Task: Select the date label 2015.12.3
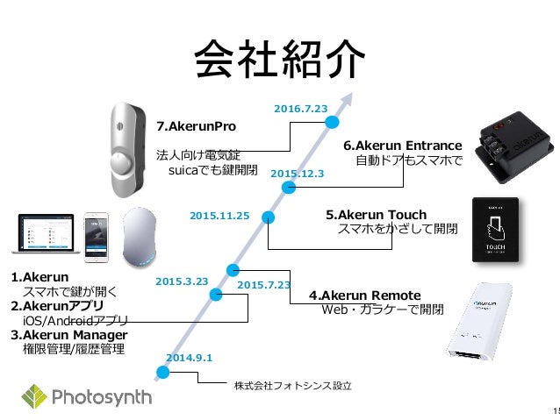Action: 298,174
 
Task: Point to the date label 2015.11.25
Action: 219,214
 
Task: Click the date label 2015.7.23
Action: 263,285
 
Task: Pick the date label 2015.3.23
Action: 181,281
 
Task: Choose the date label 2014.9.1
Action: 189,358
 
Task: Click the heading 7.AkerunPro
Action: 196,125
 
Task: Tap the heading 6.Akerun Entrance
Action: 401,146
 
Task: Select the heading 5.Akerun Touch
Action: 376,215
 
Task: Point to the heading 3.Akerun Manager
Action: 69,335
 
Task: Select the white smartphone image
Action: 96,237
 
